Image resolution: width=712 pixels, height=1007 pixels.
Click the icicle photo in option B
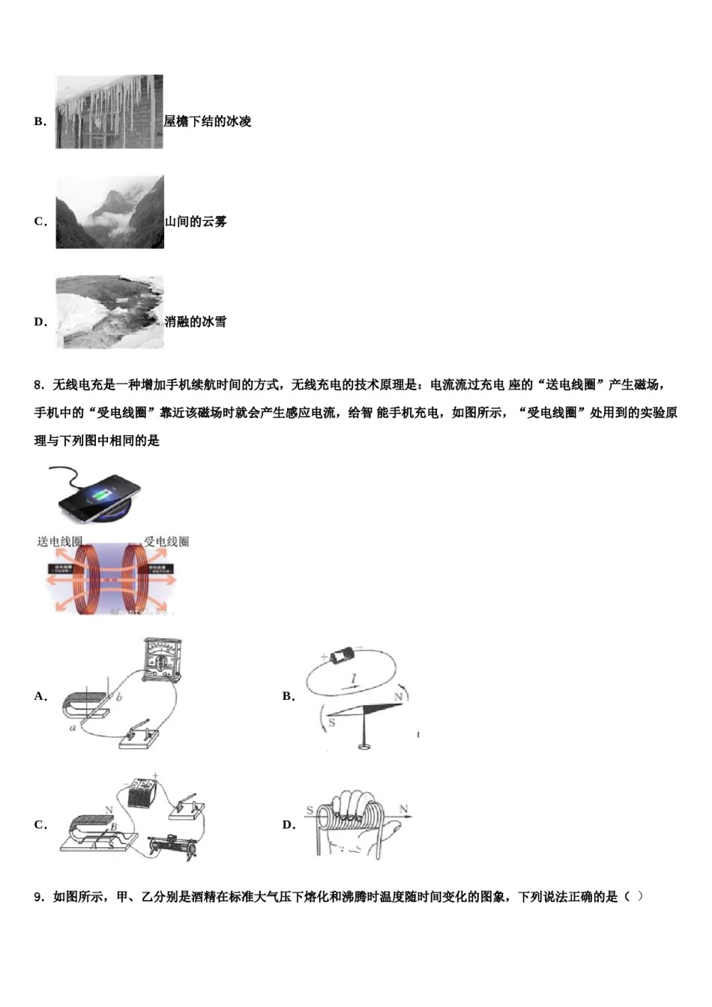coord(109,112)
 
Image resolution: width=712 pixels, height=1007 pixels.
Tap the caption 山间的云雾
coord(196,222)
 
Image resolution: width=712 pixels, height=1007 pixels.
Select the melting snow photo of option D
coord(109,312)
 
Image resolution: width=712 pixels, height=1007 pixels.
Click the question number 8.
coord(39,385)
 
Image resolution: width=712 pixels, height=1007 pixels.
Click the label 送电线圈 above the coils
coord(60,542)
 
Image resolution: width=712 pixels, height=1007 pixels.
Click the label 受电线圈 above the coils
coord(166,542)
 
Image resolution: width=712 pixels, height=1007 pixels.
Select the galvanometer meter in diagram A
coord(163,661)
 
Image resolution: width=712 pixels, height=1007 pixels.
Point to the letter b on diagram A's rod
coord(118,698)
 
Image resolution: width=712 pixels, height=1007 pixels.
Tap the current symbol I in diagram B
coord(354,680)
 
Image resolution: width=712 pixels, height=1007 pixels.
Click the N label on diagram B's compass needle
coord(398,697)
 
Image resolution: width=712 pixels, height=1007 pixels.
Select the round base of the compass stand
coord(365,745)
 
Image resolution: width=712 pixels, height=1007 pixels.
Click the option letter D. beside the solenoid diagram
coord(289,825)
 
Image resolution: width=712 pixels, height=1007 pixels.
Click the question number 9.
coord(39,897)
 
